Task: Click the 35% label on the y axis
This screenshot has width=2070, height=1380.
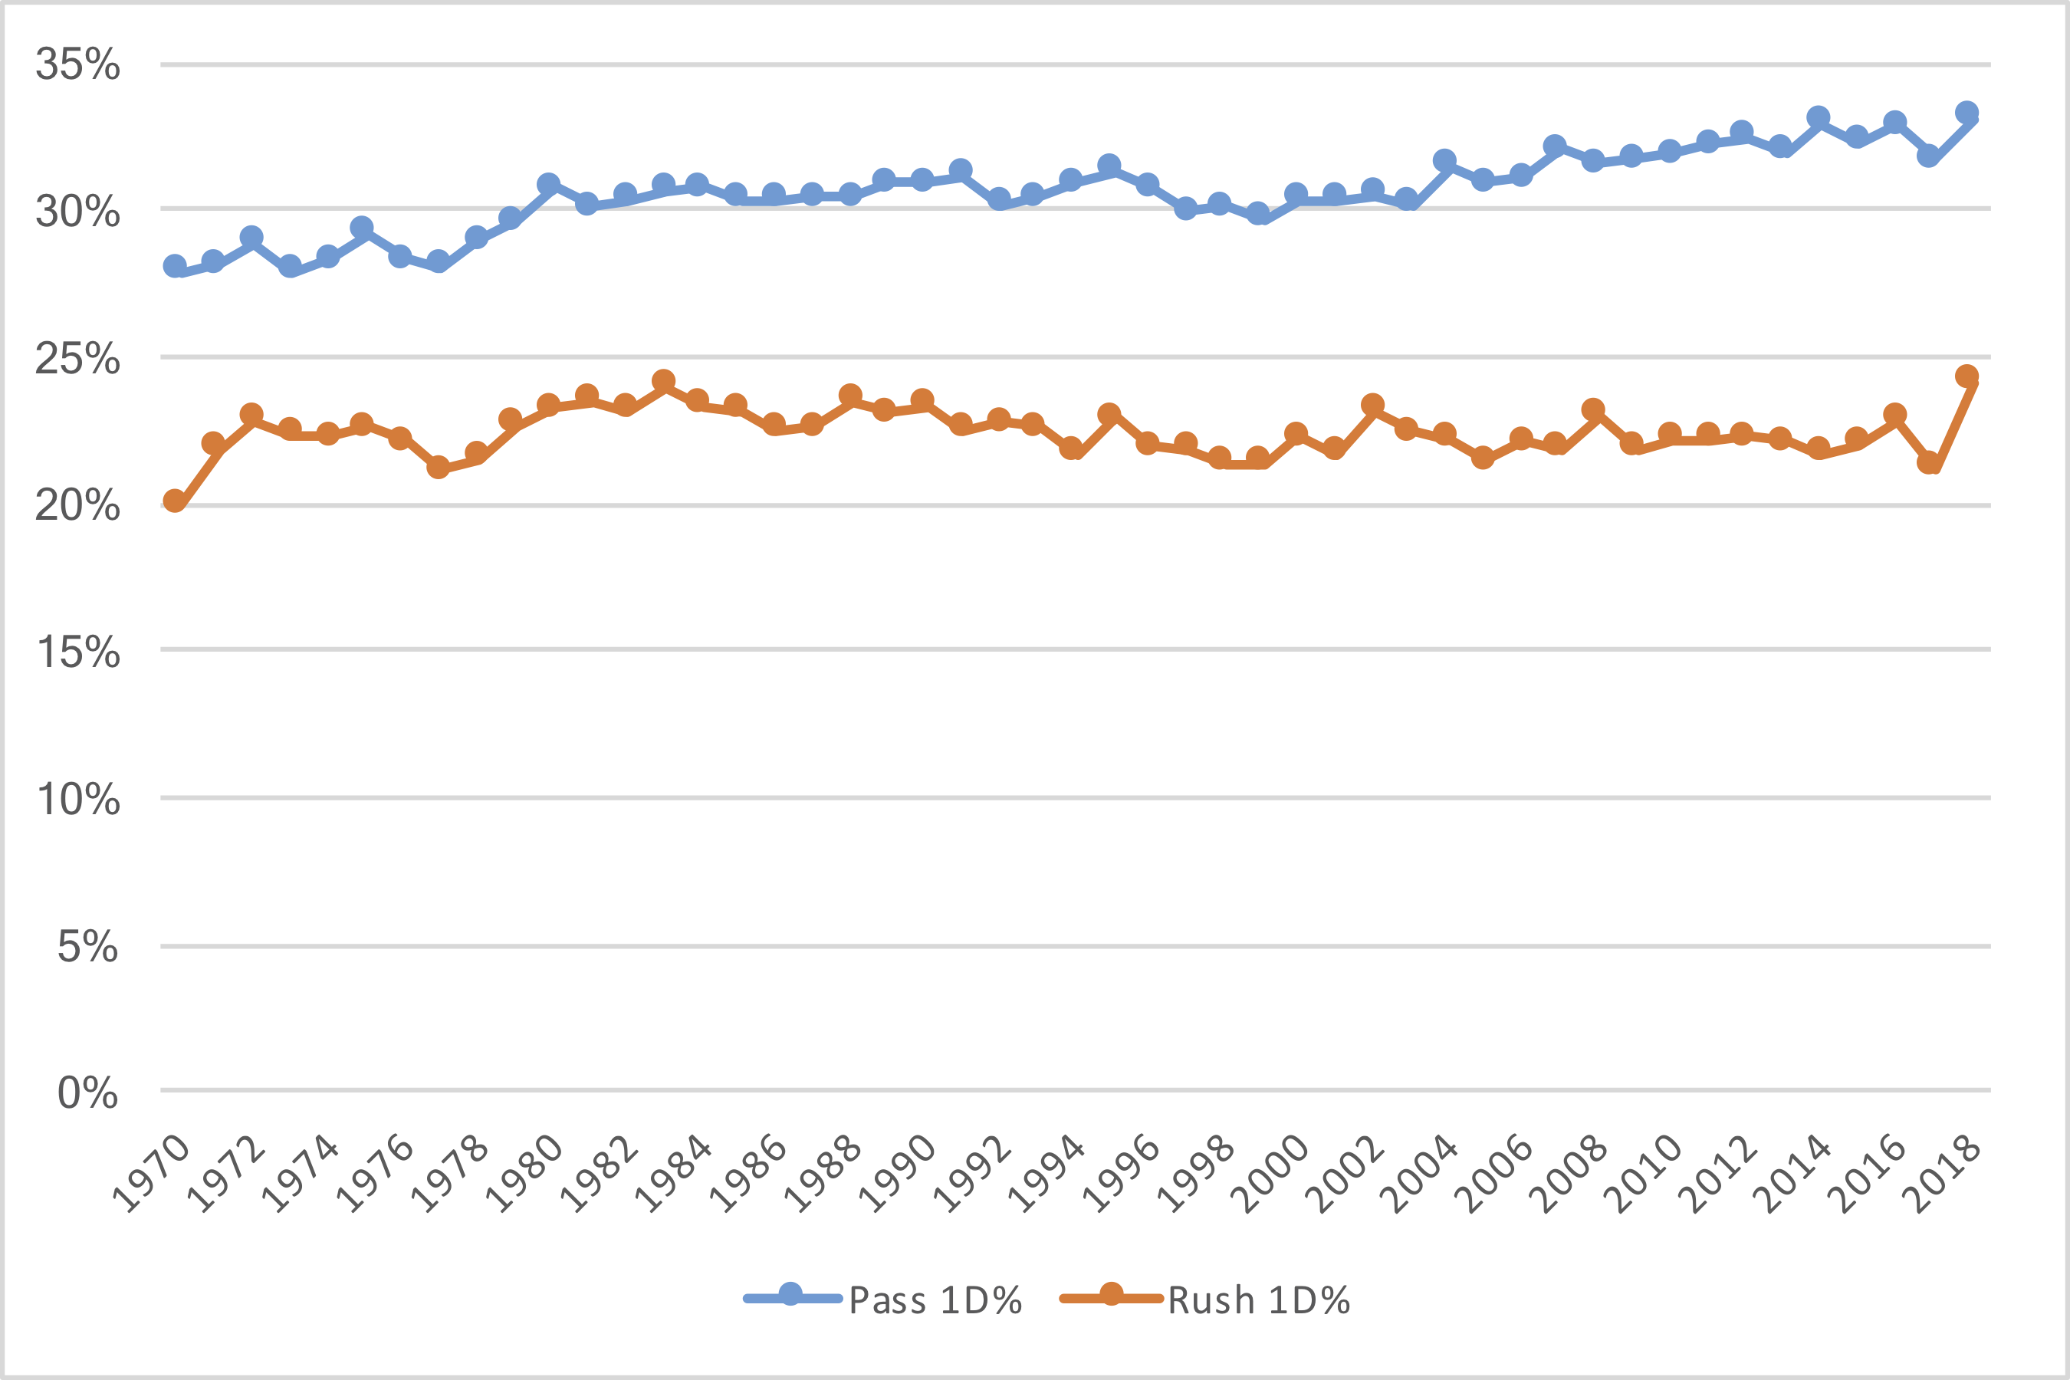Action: point(77,64)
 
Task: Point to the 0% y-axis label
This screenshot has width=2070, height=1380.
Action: point(87,1093)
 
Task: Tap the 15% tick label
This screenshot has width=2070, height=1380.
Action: point(77,652)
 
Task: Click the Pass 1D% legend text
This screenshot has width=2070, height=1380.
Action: point(935,1301)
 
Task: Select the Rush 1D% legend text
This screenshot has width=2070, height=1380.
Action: point(1259,1301)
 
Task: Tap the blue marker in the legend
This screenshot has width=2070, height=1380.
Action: point(790,1295)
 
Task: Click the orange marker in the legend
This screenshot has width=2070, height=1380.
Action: point(1112,1295)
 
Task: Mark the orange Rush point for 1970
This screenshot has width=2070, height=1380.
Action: point(175,501)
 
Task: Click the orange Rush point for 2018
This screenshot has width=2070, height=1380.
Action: point(1967,376)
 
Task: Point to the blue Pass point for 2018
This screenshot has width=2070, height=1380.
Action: point(1967,113)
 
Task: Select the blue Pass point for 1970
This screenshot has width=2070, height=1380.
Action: point(175,266)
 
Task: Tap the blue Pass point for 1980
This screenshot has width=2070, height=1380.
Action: point(548,185)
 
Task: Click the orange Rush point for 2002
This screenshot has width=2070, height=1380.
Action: point(1372,406)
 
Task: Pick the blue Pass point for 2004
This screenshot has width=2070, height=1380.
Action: point(1444,161)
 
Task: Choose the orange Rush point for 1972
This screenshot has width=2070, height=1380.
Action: point(251,415)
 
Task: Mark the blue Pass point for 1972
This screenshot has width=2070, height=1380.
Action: point(251,238)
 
